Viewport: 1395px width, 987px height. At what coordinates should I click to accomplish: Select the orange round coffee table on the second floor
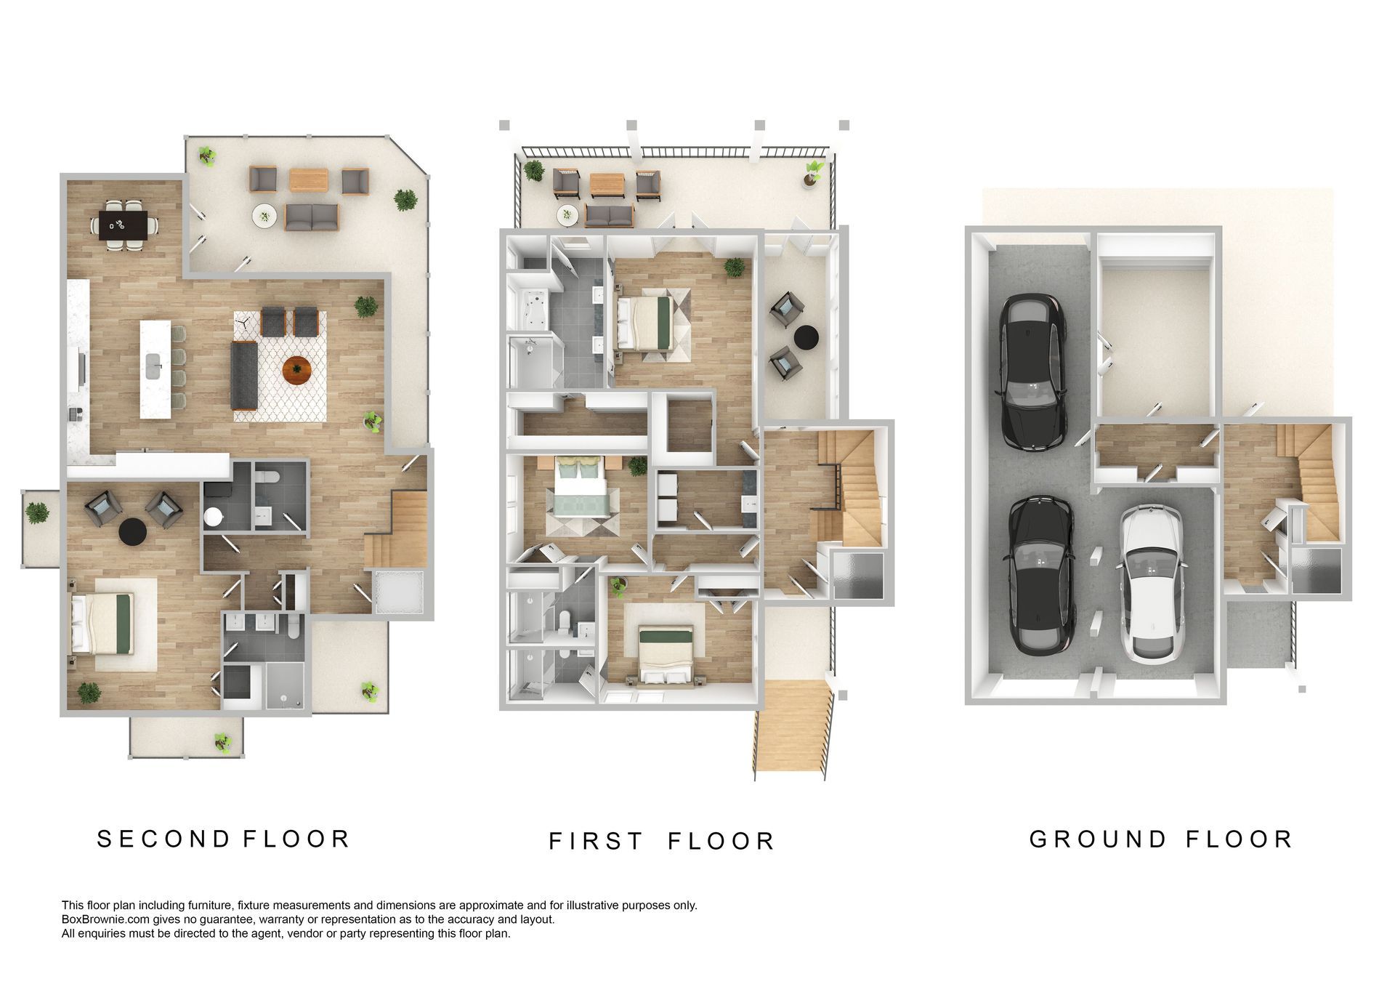297,370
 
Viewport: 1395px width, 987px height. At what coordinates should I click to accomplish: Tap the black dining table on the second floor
128,225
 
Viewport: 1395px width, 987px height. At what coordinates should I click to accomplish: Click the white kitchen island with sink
155,369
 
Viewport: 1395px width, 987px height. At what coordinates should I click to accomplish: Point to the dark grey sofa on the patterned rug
244,376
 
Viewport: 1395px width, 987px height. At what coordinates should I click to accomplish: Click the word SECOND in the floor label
163,839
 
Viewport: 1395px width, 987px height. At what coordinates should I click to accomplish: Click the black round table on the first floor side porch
806,337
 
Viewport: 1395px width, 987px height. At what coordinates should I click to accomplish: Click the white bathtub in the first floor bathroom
528,307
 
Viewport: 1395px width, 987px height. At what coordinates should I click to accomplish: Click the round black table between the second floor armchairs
132,531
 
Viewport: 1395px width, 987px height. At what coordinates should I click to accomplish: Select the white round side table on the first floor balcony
567,214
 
